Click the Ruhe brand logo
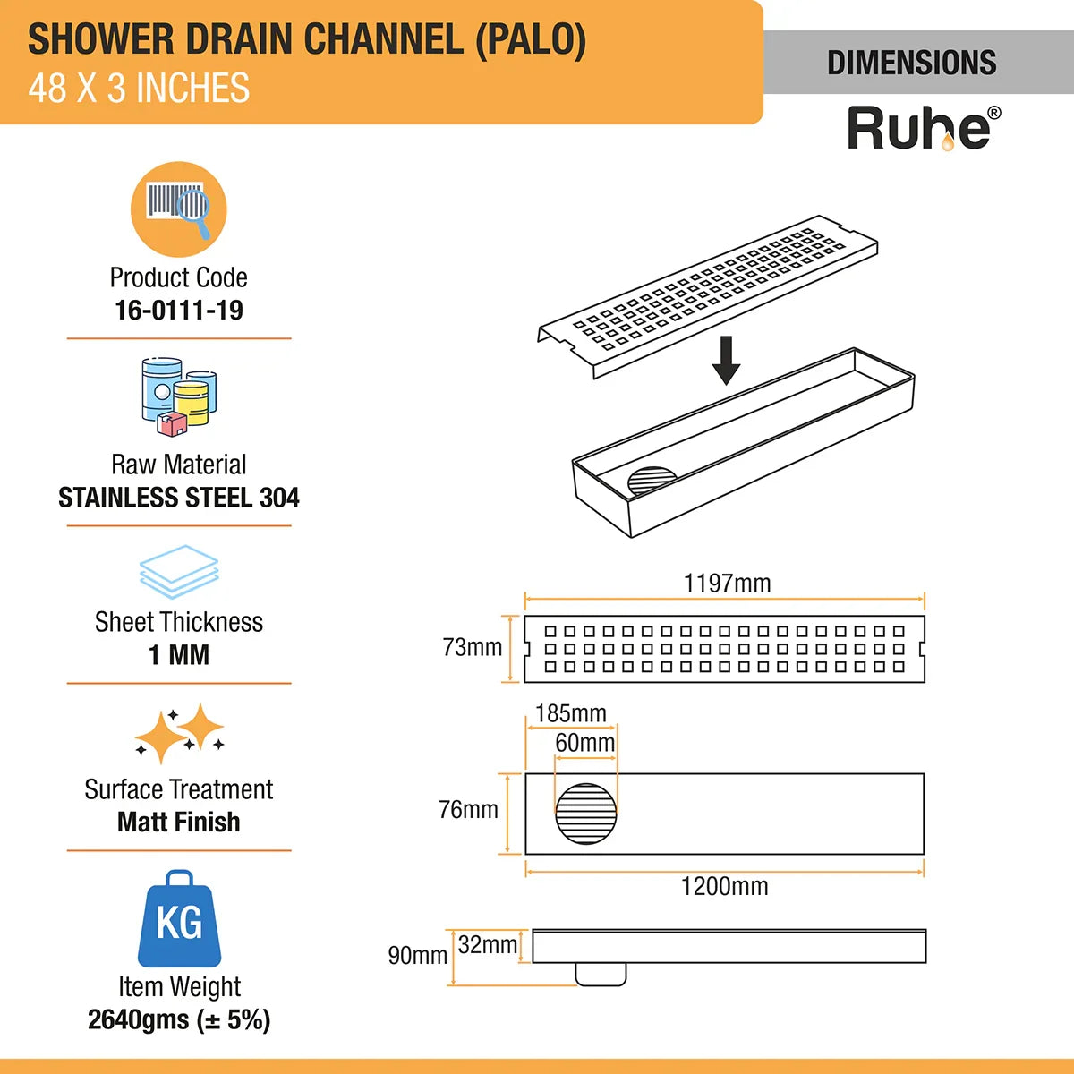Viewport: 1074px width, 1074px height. (x=923, y=128)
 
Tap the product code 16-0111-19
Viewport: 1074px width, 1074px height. (x=179, y=311)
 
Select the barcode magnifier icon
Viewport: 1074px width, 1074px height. (x=179, y=209)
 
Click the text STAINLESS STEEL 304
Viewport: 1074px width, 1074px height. (x=179, y=498)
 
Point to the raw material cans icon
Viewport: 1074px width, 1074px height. (x=179, y=397)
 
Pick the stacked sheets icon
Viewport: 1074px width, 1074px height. (x=179, y=571)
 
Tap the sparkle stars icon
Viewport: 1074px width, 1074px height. (x=179, y=734)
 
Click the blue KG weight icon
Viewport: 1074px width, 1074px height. (x=179, y=919)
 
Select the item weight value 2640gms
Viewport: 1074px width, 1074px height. (x=179, y=1019)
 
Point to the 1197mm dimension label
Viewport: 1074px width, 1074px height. (x=727, y=584)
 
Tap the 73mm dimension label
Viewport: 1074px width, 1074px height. (x=472, y=647)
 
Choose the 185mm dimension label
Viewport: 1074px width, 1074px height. (x=570, y=713)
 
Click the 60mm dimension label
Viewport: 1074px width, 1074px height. (x=584, y=743)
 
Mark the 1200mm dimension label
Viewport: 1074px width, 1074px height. (x=724, y=886)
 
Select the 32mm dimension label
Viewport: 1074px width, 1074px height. (x=487, y=944)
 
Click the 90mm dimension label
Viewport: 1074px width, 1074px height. (x=417, y=956)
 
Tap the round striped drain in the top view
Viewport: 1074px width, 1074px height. (x=586, y=814)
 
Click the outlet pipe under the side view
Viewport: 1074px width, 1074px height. (x=601, y=974)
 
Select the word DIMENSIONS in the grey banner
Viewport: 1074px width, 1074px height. (x=911, y=63)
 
